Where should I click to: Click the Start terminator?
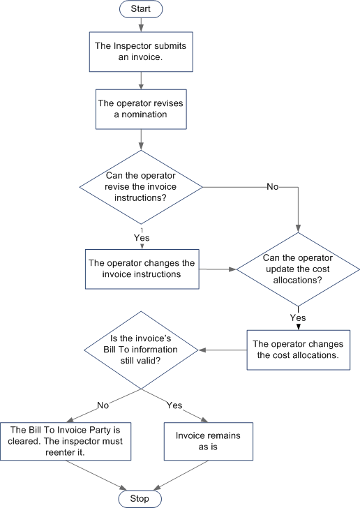141,9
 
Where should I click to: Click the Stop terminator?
141,498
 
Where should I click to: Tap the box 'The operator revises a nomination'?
141,108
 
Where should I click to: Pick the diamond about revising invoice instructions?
141,186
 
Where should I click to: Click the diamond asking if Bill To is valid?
142,350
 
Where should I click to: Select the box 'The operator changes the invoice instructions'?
142,269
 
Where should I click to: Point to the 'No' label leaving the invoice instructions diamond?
273,187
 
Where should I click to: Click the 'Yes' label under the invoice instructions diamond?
142,238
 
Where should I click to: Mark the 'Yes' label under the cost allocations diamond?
298,317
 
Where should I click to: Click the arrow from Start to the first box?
141,25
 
